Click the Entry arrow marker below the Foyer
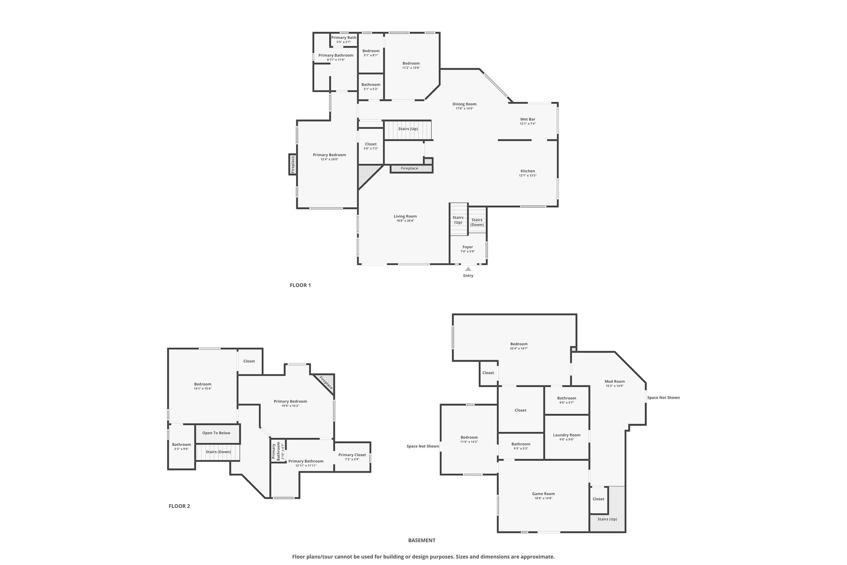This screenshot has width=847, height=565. tap(468, 269)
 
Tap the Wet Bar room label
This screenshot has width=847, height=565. tap(528, 119)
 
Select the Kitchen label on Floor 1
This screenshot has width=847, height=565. tap(528, 171)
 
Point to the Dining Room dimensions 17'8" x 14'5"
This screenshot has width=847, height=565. tap(464, 108)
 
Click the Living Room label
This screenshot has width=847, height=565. tap(405, 216)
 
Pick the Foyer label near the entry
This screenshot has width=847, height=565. tap(468, 247)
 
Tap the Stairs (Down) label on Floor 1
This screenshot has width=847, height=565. tap(477, 222)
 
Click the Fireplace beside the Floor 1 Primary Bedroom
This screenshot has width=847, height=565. tap(293, 164)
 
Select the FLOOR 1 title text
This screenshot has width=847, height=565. tap(300, 285)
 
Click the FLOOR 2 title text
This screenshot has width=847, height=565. tap(179, 506)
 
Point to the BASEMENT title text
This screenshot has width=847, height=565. tap(422, 540)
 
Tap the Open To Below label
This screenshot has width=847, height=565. tap(216, 433)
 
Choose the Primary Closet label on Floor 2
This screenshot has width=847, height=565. tap(352, 455)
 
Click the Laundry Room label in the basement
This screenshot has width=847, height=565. tap(567, 435)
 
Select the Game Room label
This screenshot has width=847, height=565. tap(543, 493)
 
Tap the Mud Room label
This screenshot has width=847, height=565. tap(615, 382)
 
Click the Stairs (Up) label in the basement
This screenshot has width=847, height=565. tap(607, 519)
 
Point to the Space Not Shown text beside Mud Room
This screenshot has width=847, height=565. tap(663, 398)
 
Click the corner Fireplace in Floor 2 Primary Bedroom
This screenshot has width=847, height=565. tap(326, 383)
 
